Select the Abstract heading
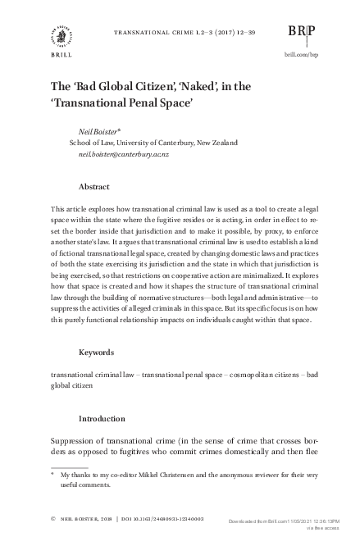click(x=94, y=186)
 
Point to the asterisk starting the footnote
click(x=53, y=474)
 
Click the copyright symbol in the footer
click(x=53, y=519)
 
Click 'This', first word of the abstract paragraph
click(x=58, y=211)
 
